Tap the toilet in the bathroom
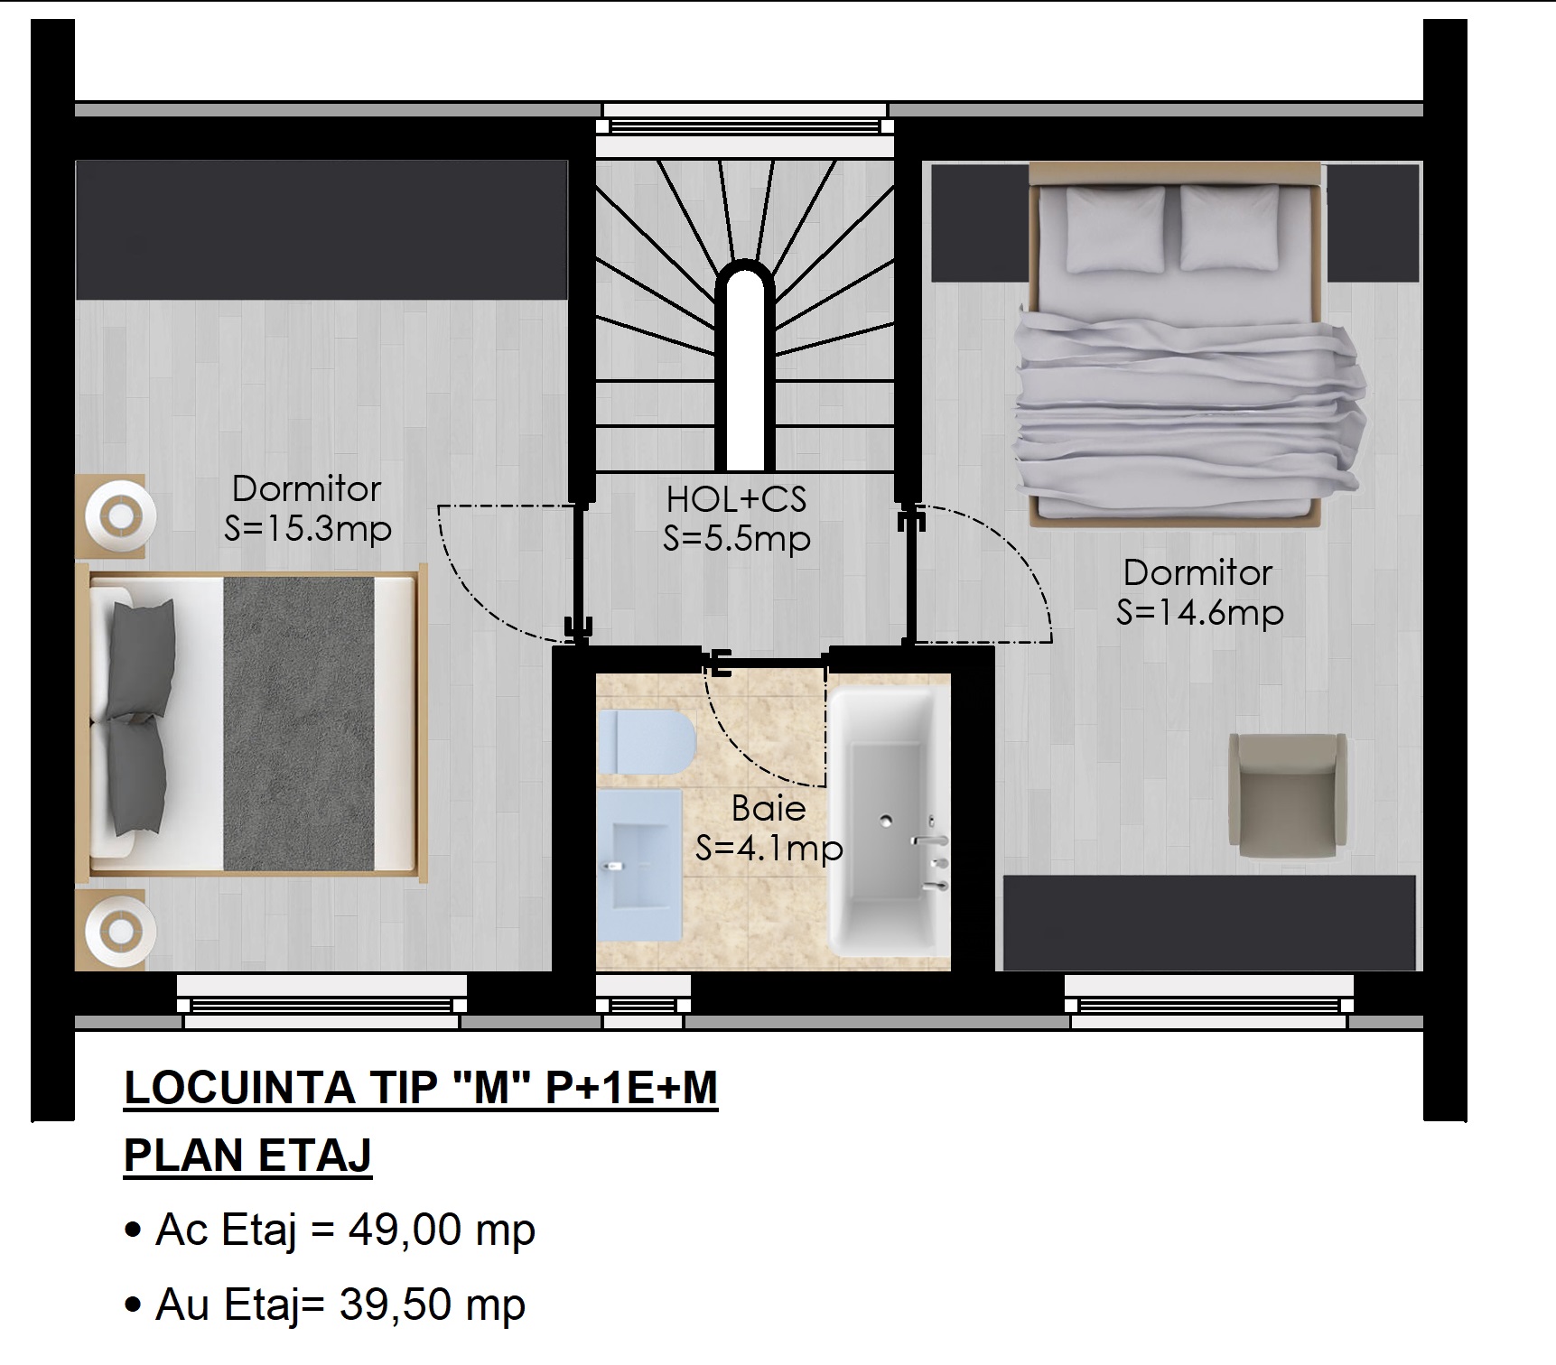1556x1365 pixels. pyautogui.click(x=646, y=741)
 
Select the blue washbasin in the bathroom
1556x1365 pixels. pyautogui.click(x=639, y=864)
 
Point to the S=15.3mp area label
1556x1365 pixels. pyautogui.click(x=308, y=530)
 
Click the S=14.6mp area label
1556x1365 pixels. pyautogui.click(x=1199, y=613)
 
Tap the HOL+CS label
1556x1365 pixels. pyautogui.click(x=736, y=499)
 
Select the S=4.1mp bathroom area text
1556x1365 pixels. pyautogui.click(x=769, y=849)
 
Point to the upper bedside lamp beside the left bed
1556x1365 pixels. pyautogui.click(x=120, y=517)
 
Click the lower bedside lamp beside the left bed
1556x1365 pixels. pyautogui.click(x=120, y=931)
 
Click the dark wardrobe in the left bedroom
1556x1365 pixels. pyautogui.click(x=321, y=230)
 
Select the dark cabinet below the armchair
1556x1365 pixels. pyautogui.click(x=1209, y=922)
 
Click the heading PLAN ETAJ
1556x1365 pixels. pyautogui.click(x=247, y=1156)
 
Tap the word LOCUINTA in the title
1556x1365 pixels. pyautogui.click(x=238, y=1087)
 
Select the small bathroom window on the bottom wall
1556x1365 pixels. pyautogui.click(x=643, y=1005)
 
